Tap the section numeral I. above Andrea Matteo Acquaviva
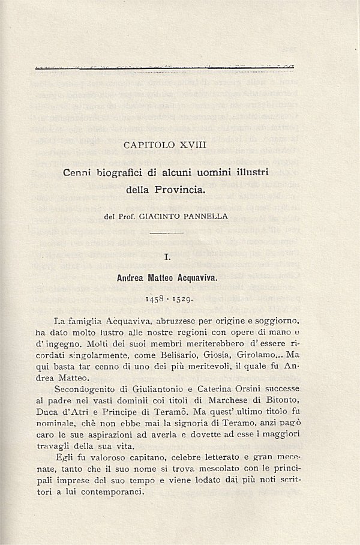pos(167,257)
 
